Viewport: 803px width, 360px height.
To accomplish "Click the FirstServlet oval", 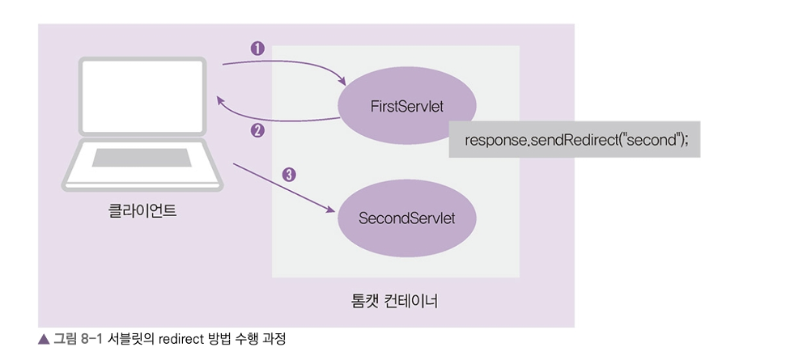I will [x=406, y=108].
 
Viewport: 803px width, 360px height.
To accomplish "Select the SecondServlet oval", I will [x=406, y=218].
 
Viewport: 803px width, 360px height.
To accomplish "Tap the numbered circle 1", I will [x=257, y=48].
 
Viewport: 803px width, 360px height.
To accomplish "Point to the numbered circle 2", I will [x=257, y=129].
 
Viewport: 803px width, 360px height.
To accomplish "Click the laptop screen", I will [x=142, y=95].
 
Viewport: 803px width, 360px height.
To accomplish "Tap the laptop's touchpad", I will [x=142, y=156].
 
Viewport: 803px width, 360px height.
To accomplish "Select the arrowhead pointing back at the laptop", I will [x=221, y=100].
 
